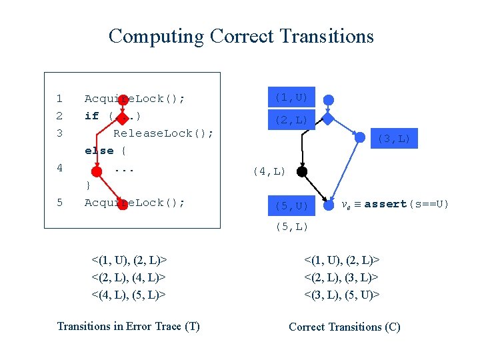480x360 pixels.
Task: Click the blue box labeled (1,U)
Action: tap(291, 97)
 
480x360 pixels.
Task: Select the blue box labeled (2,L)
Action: tap(291, 120)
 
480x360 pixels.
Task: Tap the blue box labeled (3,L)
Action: tap(394, 139)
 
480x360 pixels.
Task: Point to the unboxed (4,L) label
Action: tap(269, 172)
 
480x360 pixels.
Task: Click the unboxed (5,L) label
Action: tap(291, 227)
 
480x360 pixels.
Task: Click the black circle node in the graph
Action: tap(301, 172)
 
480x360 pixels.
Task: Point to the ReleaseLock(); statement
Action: tap(163, 133)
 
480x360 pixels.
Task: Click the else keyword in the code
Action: tap(99, 151)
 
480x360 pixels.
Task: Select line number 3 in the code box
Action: tap(59, 133)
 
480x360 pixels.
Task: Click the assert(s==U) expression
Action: tap(406, 204)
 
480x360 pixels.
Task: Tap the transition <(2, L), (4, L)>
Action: tap(128, 277)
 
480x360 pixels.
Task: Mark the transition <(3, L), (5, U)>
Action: tap(342, 294)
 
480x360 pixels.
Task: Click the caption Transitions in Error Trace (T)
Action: tap(128, 326)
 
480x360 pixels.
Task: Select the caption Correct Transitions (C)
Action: tap(344, 327)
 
